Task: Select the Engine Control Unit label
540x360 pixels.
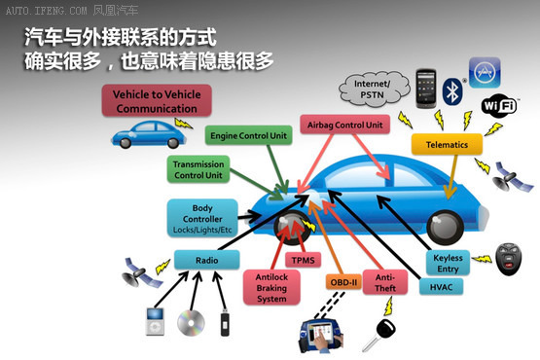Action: pyautogui.click(x=249, y=136)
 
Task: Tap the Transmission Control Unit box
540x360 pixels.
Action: pyautogui.click(x=198, y=169)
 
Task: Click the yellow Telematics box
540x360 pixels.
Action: pyautogui.click(x=447, y=144)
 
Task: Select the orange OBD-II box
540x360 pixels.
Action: pyautogui.click(x=344, y=283)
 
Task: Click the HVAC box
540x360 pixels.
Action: pyautogui.click(x=441, y=287)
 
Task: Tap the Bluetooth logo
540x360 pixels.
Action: pyautogui.click(x=450, y=91)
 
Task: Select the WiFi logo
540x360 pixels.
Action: pyautogui.click(x=498, y=103)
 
